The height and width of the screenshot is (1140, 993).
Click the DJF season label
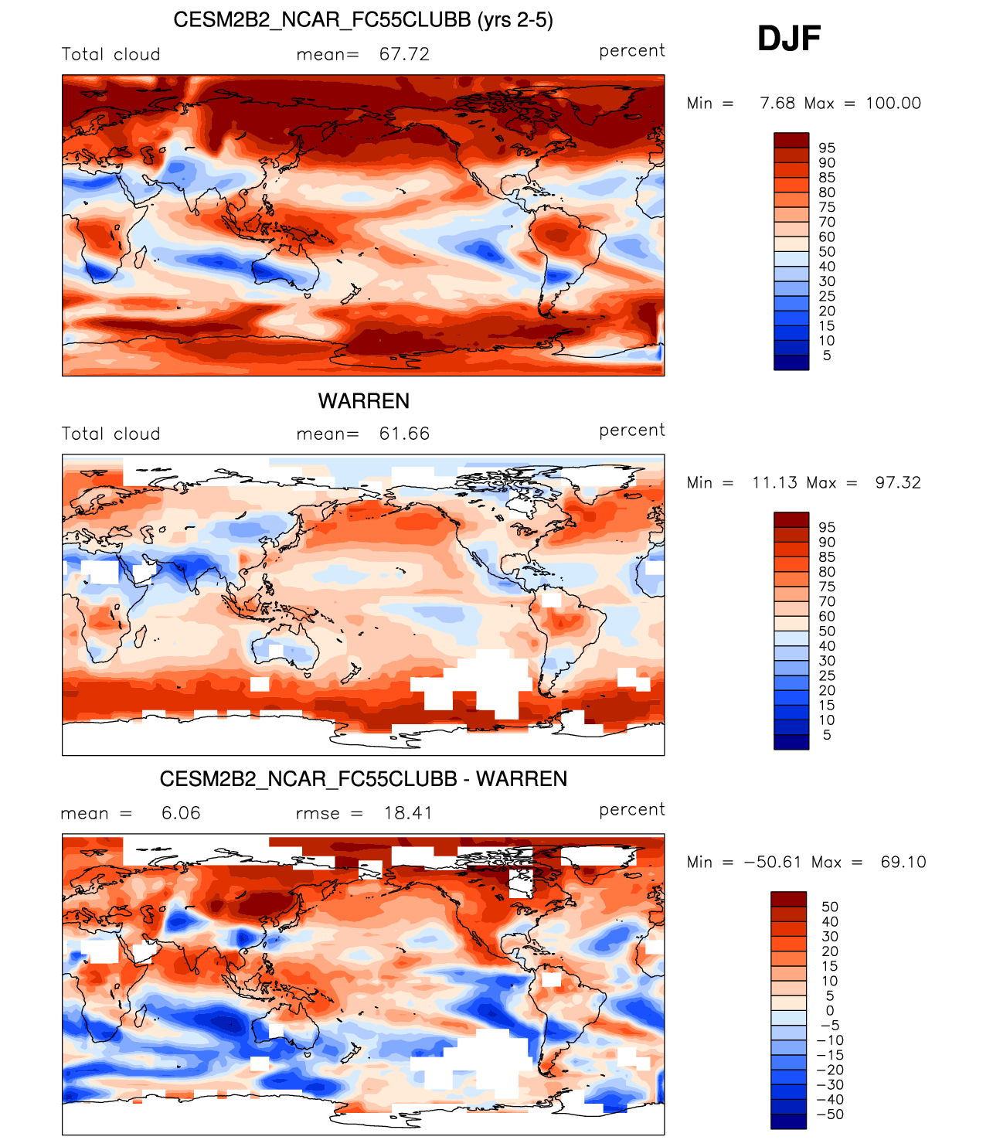789,39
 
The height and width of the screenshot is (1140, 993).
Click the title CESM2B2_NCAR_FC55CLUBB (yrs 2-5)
363,20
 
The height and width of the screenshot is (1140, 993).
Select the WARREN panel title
364,401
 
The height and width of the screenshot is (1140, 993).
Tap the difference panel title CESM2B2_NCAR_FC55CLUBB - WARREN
363,779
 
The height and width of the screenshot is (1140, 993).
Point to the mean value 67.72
404,54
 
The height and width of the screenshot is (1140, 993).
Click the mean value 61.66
404,434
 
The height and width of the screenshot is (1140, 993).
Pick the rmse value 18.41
408,813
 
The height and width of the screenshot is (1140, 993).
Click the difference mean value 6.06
181,813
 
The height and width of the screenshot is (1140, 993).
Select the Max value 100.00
893,104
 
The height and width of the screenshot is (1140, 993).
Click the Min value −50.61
773,863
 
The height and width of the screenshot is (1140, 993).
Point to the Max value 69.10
903,863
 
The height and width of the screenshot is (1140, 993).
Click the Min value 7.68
777,104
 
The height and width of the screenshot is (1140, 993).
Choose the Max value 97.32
898,483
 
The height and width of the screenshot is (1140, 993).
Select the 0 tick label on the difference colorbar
830,1011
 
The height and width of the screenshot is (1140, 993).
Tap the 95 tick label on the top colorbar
827,148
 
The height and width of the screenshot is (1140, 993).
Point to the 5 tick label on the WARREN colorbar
827,735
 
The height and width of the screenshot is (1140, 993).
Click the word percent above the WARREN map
632,430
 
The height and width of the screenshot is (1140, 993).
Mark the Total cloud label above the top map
111,54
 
